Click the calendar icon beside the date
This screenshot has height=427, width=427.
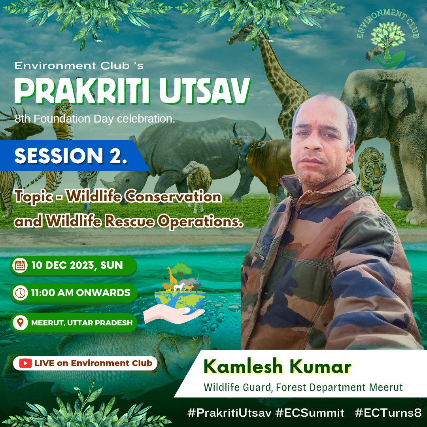coord(19,265)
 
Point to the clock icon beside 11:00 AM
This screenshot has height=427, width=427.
coord(19,293)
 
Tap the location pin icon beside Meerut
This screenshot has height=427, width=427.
coord(19,323)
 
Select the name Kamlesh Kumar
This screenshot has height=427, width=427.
coord(277,367)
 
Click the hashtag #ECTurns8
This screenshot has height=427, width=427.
coord(388,413)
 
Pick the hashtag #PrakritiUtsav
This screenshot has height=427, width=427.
coord(229,413)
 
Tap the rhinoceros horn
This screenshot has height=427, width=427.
coord(106,182)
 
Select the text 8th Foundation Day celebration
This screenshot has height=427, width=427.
coord(95,119)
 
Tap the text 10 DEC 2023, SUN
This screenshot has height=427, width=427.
coord(77,265)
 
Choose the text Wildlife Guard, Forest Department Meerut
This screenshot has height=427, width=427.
coord(303,387)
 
